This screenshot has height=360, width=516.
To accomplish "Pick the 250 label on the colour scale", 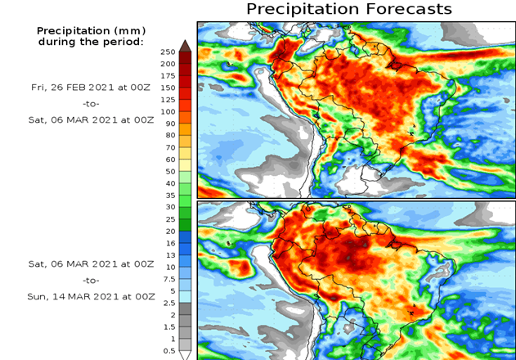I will [168, 52].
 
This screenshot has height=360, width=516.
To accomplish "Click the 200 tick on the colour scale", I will [168, 64].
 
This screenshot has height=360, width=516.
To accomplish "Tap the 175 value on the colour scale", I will [168, 75].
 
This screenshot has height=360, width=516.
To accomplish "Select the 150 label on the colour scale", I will [168, 88].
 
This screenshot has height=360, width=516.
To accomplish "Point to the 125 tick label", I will [168, 99].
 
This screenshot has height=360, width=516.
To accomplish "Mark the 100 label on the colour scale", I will [168, 111].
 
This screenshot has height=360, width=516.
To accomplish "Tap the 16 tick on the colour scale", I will [170, 242].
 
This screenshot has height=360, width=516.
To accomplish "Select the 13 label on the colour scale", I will [170, 254].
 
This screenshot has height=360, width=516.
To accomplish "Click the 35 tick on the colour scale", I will [170, 195].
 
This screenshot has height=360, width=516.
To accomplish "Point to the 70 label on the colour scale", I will [170, 147].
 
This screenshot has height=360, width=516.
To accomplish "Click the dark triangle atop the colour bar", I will [186, 45].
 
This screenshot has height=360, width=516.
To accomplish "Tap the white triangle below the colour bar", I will [186, 355].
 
